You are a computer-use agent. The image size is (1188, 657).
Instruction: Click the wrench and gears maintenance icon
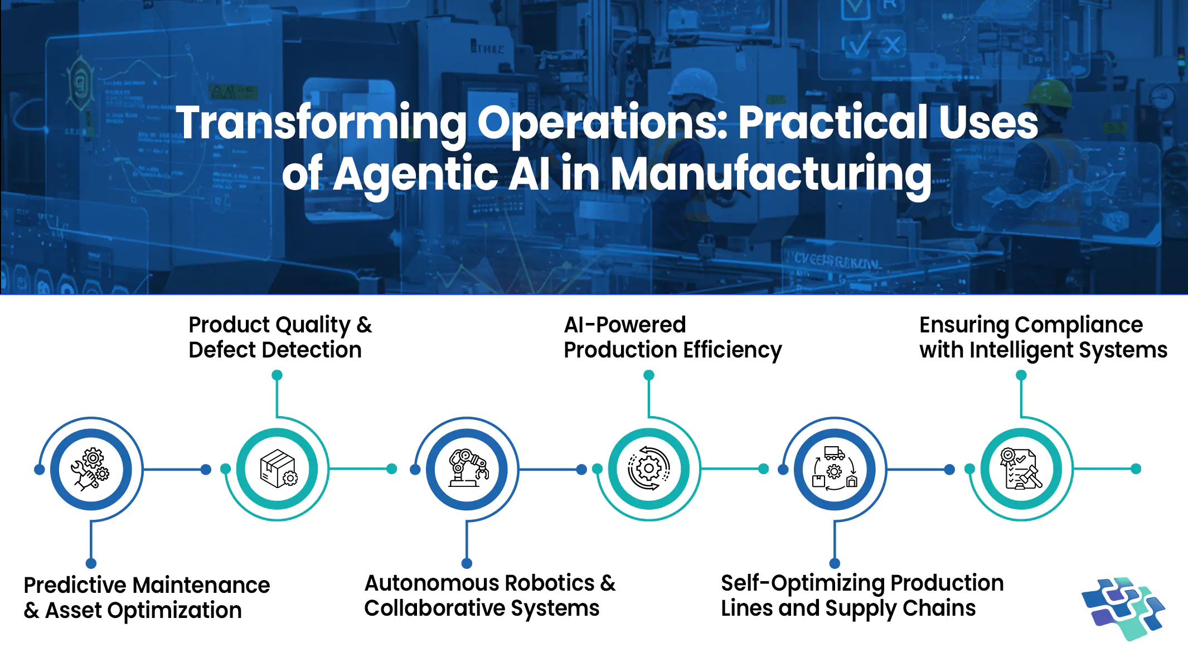click(x=91, y=469)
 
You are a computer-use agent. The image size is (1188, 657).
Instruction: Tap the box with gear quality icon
click(x=278, y=469)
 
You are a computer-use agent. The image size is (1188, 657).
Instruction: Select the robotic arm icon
click(x=468, y=469)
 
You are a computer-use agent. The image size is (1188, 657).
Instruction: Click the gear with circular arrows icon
click(x=649, y=469)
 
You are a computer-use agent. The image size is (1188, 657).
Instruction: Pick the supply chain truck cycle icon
click(x=835, y=469)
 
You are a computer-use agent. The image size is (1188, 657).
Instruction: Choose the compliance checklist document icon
click(x=1021, y=469)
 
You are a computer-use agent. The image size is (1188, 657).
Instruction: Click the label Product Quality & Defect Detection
click(x=280, y=337)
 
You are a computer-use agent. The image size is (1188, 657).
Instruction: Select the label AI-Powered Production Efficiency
click(x=672, y=337)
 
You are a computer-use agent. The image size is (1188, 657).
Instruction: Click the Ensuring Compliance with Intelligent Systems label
click(x=1042, y=337)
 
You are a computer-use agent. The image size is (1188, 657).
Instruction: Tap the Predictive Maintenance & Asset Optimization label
click(x=147, y=597)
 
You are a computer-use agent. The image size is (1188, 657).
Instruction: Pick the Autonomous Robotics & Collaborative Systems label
click(x=489, y=595)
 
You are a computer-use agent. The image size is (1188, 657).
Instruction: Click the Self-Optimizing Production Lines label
click(x=862, y=595)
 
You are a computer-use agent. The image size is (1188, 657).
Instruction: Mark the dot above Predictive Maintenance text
click(x=91, y=563)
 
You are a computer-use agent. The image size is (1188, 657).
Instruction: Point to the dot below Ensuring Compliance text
click(x=1021, y=375)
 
